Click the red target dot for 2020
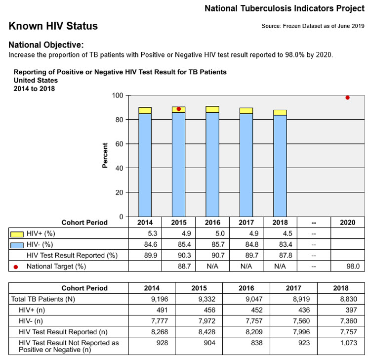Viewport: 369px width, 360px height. [347, 97]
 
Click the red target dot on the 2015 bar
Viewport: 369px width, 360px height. [179, 109]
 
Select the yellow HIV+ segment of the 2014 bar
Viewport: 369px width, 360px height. [145, 110]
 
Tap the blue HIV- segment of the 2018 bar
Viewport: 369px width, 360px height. [280, 166]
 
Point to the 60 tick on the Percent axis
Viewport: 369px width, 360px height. [120, 144]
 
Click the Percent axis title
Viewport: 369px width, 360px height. [105, 155]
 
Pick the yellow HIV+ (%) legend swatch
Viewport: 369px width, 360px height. [17, 234]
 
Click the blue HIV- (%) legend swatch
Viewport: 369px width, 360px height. [17, 245]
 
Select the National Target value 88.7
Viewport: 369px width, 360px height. [184, 266]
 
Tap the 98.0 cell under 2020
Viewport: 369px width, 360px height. [353, 266]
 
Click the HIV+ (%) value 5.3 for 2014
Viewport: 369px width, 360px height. [153, 233]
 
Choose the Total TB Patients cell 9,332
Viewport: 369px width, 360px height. [206, 299]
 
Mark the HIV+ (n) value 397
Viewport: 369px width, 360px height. [351, 310]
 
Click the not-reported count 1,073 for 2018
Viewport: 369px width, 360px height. [349, 343]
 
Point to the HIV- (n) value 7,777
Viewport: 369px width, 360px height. [160, 321]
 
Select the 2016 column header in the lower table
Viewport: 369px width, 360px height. [246, 288]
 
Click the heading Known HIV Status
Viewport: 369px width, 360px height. [53, 26]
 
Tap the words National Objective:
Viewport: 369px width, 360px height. [46, 45]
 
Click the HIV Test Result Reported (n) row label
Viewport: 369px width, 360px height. [63, 332]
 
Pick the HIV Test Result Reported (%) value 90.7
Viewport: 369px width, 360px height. [218, 255]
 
